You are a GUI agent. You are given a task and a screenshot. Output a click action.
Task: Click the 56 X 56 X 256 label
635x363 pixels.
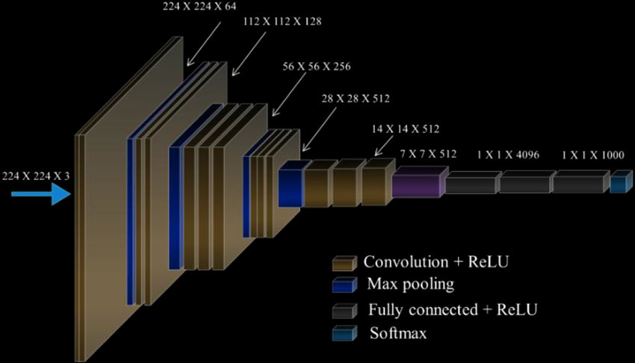[x=317, y=66]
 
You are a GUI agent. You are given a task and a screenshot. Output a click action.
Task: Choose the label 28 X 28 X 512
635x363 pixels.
[x=356, y=98]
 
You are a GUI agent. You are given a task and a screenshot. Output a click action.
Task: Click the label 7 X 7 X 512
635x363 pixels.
[x=428, y=154]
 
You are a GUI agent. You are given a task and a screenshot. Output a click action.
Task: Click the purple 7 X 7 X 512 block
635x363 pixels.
[x=418, y=182]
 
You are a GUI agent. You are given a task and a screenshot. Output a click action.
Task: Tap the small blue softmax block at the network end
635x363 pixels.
[x=617, y=181]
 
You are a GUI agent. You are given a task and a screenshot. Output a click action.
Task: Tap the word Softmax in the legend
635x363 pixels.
[x=398, y=333]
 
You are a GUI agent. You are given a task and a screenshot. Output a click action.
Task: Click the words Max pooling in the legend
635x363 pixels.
[x=410, y=285]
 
